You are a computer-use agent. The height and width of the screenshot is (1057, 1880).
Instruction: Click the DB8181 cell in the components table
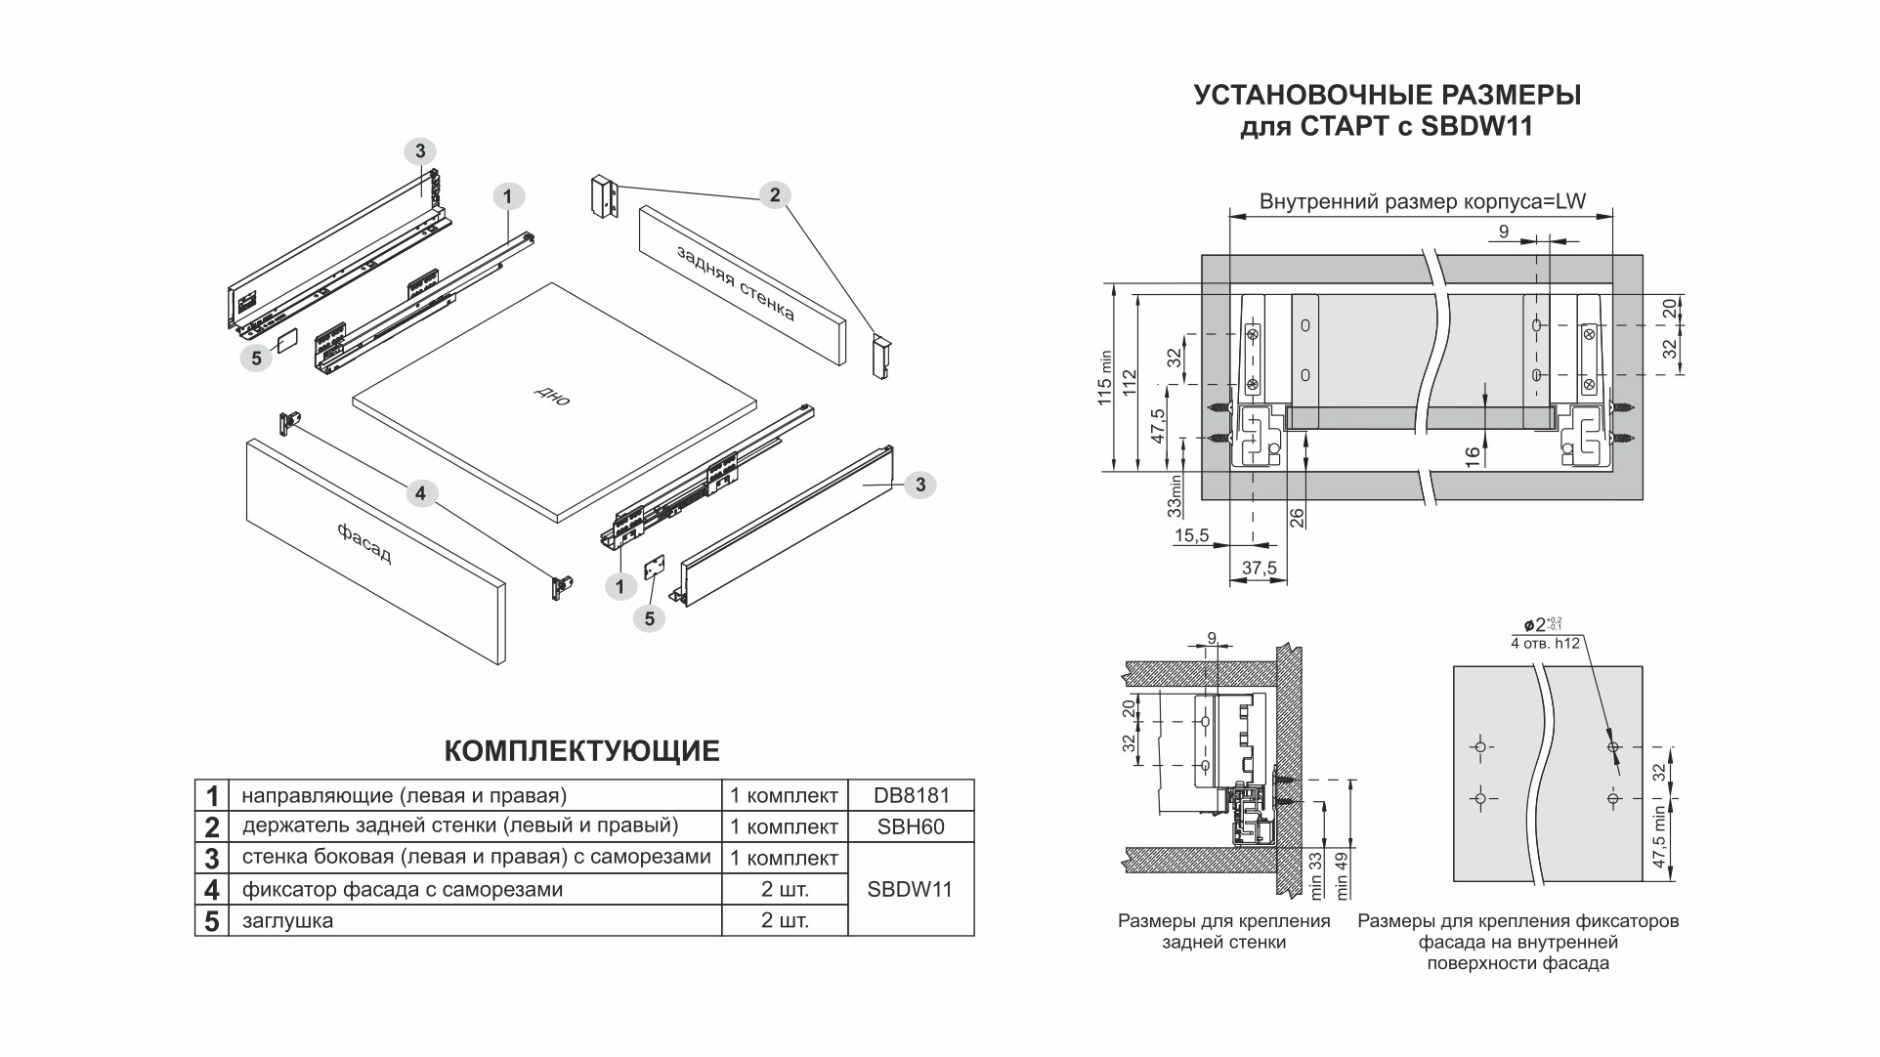[x=911, y=795]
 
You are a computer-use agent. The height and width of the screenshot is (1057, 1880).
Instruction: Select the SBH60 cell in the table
[x=911, y=826]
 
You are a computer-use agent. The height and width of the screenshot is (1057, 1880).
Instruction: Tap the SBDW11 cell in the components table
[x=910, y=889]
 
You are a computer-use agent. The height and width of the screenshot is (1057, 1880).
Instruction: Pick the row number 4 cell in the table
[x=212, y=890]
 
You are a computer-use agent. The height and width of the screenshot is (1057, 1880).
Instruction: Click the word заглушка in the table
[x=287, y=920]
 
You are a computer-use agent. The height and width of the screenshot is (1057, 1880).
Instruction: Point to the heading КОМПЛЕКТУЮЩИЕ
[x=581, y=751]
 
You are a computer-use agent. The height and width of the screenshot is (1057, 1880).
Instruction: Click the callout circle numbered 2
[x=775, y=195]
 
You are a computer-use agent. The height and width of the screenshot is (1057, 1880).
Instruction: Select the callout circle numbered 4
[x=420, y=493]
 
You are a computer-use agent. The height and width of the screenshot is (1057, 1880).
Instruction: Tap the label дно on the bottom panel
[x=552, y=395]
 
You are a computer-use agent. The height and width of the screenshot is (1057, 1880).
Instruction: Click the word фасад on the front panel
[x=364, y=543]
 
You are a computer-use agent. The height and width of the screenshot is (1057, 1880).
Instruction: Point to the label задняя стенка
[x=736, y=282]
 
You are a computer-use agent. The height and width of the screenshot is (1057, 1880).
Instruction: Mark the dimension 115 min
[x=1105, y=377]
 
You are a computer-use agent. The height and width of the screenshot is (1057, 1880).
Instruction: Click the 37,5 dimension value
[x=1259, y=569]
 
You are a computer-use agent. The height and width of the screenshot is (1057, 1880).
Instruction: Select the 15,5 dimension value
[x=1191, y=535]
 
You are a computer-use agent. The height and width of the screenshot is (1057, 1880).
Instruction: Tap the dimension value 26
[x=1297, y=518]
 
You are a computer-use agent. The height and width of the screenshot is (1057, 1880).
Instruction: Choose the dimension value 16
[x=1474, y=457]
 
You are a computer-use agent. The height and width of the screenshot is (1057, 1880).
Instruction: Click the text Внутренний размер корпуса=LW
[x=1422, y=202]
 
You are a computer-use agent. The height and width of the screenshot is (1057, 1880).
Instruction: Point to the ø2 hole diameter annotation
[x=1541, y=624]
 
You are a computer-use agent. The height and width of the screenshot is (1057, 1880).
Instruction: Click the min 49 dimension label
[x=1342, y=875]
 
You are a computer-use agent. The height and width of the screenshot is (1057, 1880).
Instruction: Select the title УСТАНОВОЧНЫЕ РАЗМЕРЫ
[x=1388, y=96]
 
